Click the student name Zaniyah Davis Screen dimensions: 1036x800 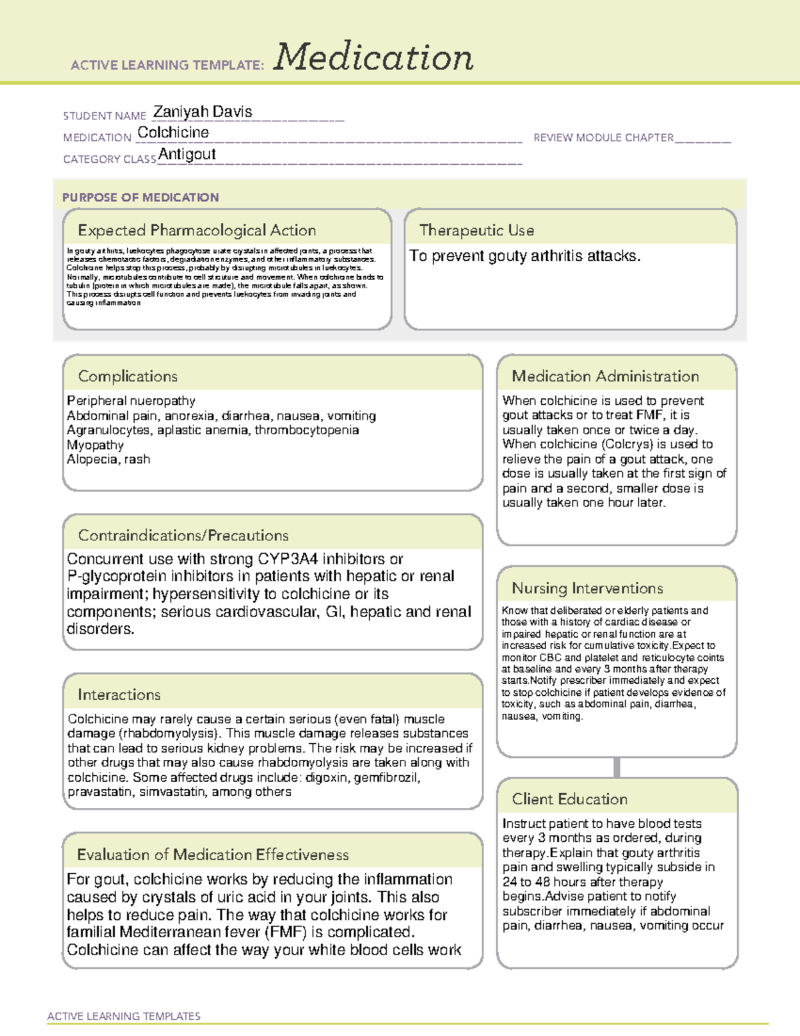203,112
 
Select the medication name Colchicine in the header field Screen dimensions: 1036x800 173,133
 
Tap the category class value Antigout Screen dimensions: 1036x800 187,154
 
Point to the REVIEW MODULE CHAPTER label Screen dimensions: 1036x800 603,137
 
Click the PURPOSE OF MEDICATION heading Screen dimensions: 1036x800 141,197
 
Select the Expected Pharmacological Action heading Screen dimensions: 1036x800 197,230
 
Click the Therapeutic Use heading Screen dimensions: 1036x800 477,230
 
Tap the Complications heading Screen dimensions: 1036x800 127,376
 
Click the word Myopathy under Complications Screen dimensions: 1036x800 95,445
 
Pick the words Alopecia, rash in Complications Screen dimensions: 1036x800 109,459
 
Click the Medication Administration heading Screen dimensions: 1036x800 605,376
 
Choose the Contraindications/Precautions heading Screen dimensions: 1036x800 183,535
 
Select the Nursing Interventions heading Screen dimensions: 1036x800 587,588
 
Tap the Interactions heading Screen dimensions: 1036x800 119,694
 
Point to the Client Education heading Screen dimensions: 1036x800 569,799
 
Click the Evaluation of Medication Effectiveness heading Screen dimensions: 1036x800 213,855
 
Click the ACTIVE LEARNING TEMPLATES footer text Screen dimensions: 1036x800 124,1016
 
